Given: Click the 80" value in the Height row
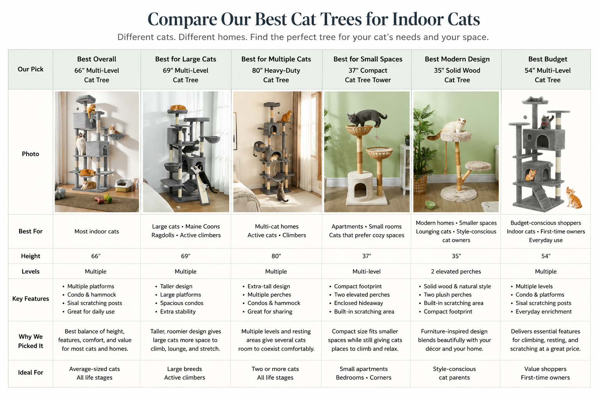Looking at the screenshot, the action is [x=276, y=256].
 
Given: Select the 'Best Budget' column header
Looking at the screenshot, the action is [x=548, y=59].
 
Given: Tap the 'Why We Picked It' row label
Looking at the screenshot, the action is [x=30, y=341].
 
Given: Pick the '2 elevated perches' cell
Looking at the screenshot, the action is [x=456, y=272].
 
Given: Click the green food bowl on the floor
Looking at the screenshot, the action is [x=430, y=205].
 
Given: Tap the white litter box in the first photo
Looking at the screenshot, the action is [x=123, y=185].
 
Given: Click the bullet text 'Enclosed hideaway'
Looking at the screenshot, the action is [x=359, y=303].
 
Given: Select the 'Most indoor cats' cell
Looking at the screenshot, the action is [x=97, y=231].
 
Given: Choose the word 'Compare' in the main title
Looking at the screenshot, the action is [x=183, y=19].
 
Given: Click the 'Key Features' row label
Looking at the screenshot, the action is [x=30, y=299].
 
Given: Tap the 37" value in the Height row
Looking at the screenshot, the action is [x=367, y=256].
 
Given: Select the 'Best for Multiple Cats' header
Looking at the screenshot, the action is [x=276, y=59].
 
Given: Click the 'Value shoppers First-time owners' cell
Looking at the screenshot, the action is [x=545, y=373].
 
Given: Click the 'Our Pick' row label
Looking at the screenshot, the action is [x=30, y=69].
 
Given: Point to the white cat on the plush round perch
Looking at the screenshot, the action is [x=455, y=128].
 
